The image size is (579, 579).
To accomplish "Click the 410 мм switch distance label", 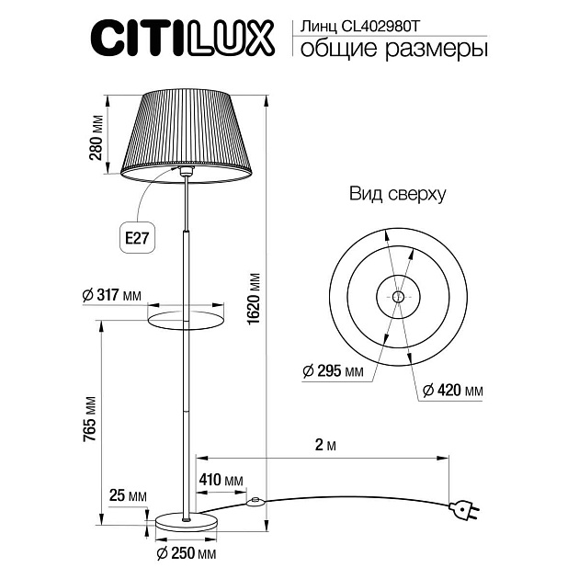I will coord(221,480).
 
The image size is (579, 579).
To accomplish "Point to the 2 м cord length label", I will coord(323,446).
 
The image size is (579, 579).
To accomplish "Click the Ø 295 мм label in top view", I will coord(333,371).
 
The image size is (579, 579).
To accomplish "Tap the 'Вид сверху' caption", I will coord(397,194).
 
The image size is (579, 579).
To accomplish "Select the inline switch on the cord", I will coord(255,502).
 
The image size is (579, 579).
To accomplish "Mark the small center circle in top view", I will coord(397,296).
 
